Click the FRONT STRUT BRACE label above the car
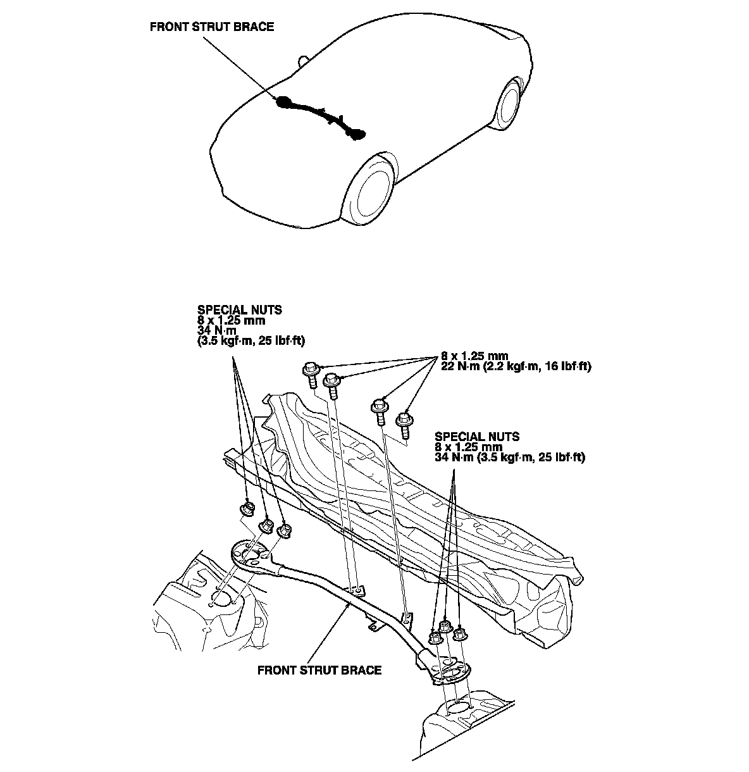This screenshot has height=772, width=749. click(x=212, y=27)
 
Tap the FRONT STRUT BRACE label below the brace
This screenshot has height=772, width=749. click(x=319, y=670)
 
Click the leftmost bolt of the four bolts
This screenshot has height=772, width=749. click(x=312, y=374)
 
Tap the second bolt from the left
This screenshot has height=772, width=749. click(x=333, y=385)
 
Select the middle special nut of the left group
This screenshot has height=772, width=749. click(x=267, y=526)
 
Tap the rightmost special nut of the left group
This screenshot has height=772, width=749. click(x=285, y=530)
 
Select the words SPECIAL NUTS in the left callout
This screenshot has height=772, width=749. click(x=239, y=311)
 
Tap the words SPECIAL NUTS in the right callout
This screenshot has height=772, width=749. click(x=477, y=437)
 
